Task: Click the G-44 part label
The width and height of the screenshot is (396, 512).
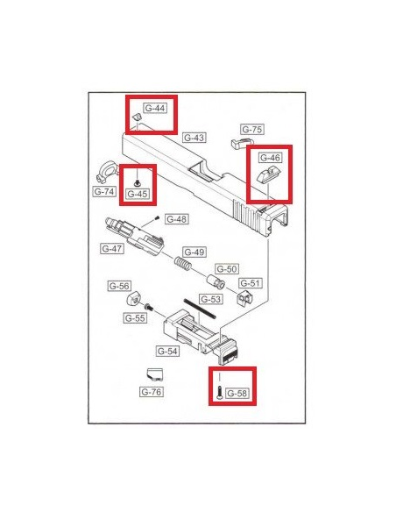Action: click(x=155, y=108)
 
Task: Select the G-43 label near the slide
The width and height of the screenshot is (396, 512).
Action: click(x=194, y=138)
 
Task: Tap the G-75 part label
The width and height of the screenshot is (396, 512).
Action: click(x=251, y=129)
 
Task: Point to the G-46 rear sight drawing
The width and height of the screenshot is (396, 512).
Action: click(x=265, y=176)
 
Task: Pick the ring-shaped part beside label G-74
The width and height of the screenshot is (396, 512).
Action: click(x=107, y=172)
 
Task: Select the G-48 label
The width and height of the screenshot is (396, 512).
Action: click(x=176, y=219)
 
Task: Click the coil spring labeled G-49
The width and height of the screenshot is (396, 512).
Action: click(x=182, y=263)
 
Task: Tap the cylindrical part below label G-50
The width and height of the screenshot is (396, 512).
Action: click(x=216, y=281)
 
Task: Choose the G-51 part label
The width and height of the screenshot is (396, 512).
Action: click(x=251, y=283)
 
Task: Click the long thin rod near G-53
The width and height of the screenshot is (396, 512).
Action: click(x=200, y=308)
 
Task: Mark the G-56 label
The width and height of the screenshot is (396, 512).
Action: click(x=119, y=286)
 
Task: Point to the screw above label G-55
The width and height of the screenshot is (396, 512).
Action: click(x=148, y=307)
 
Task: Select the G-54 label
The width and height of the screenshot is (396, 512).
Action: click(x=167, y=351)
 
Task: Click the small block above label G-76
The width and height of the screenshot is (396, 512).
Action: click(x=154, y=373)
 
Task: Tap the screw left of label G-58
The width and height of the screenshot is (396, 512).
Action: click(x=219, y=392)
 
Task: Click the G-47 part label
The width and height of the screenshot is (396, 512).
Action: click(x=112, y=248)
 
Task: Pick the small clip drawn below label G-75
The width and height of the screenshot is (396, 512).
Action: click(x=241, y=142)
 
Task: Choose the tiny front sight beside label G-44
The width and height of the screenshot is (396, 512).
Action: click(x=137, y=117)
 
